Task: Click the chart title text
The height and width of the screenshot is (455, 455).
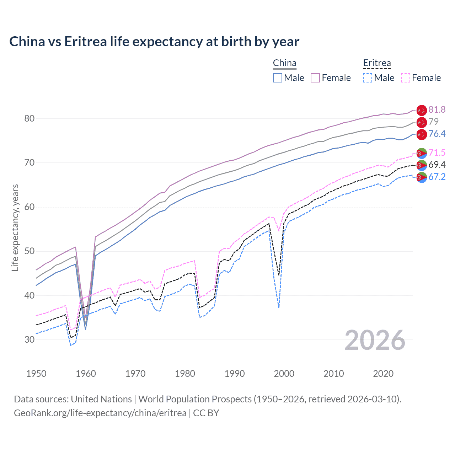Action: click(154, 42)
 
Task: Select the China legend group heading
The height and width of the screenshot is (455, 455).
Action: click(284, 63)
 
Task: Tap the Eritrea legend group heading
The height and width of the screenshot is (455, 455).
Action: click(377, 63)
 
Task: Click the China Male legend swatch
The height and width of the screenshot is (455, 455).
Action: click(278, 78)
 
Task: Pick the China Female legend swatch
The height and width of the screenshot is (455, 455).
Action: click(315, 78)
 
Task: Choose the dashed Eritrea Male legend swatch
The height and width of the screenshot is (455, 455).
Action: click(368, 78)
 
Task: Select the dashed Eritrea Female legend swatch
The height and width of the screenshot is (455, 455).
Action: click(406, 78)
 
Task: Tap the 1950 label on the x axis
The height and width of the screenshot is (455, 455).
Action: click(36, 374)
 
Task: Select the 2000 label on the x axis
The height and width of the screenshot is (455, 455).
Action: click(284, 374)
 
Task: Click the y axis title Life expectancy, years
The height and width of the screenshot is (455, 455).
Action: click(15, 227)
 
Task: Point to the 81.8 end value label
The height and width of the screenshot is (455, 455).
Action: click(437, 109)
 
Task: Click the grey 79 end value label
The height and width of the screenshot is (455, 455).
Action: click(434, 122)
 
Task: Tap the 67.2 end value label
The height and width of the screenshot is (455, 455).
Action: click(437, 177)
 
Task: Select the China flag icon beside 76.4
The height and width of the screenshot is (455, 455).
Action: click(422, 134)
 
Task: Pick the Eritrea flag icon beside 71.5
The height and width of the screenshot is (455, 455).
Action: click(422, 153)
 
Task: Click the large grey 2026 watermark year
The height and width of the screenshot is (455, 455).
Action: click(375, 340)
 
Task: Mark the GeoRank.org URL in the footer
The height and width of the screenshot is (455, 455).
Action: click(100, 413)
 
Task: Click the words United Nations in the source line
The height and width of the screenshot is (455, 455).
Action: click(101, 399)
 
